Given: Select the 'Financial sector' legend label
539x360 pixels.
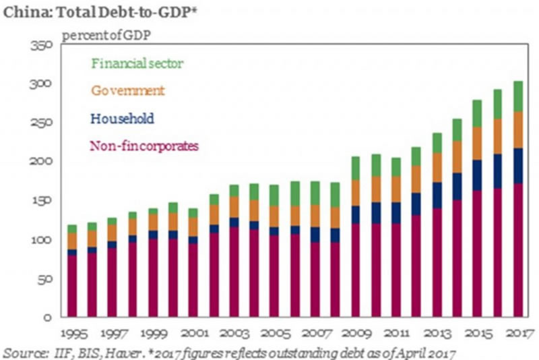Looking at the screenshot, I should point(137,63).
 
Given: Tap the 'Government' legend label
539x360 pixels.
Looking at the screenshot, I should point(129,90).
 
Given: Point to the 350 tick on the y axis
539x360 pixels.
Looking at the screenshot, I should point(42,45).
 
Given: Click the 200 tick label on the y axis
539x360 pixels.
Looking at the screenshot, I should point(42,162).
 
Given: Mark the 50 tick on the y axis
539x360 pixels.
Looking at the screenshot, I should point(45,278).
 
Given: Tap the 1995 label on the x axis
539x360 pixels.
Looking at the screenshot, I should point(71,334).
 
